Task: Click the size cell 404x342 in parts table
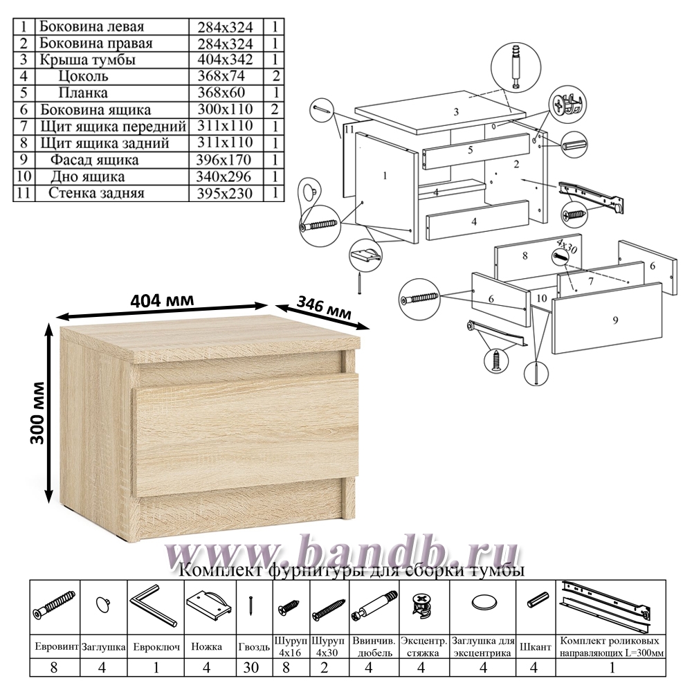tap(225, 60)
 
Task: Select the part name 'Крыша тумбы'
tap(87, 60)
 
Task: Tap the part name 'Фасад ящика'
tap(94, 160)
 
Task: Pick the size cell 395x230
tap(225, 193)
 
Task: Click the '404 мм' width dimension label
tap(162, 300)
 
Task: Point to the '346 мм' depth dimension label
tap(324, 307)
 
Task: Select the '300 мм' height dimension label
tap(37, 412)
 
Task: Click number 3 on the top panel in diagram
tap(456, 111)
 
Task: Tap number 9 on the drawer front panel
tap(616, 320)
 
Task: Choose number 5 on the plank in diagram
tap(471, 150)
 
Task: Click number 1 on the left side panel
tap(385, 176)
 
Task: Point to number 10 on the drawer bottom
tap(542, 298)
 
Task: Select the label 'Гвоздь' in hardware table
tap(254, 648)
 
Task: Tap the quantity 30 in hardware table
tap(251, 667)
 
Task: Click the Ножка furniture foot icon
tap(209, 603)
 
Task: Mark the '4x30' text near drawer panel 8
tap(567, 246)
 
